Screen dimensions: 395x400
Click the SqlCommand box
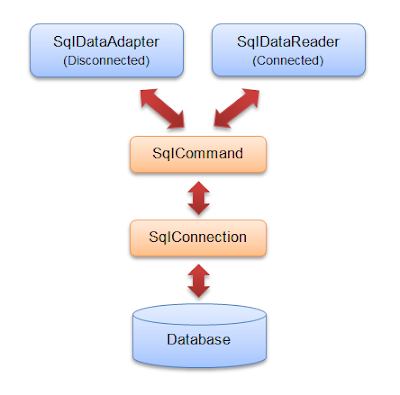point(201,154)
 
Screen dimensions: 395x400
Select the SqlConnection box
point(201,238)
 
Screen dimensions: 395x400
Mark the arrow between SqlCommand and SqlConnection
point(200,196)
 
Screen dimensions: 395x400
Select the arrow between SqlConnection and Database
point(200,280)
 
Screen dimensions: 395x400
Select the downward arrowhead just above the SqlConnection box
point(200,210)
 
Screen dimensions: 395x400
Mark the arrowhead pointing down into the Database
point(200,293)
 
